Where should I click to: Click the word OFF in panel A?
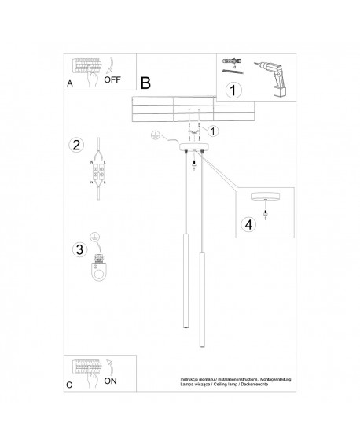coord(113,80)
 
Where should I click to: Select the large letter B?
coord(145,83)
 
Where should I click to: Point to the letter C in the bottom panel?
coord(70,385)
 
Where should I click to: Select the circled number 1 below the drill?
coord(231,90)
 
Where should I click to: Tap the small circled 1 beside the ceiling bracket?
coord(213,131)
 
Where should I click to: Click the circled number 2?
coord(76,145)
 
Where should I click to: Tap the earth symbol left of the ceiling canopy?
coord(157,137)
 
